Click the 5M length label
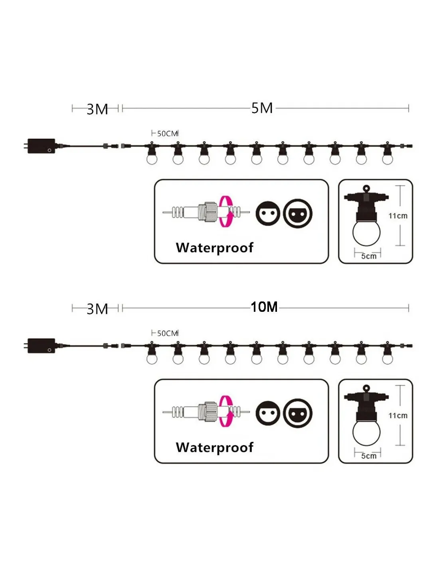pyautogui.click(x=262, y=108)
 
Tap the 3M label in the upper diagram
pyautogui.click(x=97, y=109)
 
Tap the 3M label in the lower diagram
pyautogui.click(x=97, y=309)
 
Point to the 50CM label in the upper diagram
pyautogui.click(x=167, y=134)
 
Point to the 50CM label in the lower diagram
pyautogui.click(x=167, y=333)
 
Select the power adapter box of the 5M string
pyautogui.click(x=40, y=146)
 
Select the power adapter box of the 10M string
pyautogui.click(x=40, y=346)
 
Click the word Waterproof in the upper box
pyautogui.click(x=214, y=248)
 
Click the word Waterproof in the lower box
pyautogui.click(x=214, y=447)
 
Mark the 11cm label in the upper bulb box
pyautogui.click(x=398, y=216)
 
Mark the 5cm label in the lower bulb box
pyautogui.click(x=369, y=456)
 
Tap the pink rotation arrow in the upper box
pyautogui.click(x=226, y=212)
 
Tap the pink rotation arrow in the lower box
pyautogui.click(x=226, y=411)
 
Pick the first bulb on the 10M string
pyautogui.click(x=152, y=358)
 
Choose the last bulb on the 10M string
pyautogui.click(x=387, y=358)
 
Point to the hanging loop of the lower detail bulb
pyautogui.click(x=366, y=388)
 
